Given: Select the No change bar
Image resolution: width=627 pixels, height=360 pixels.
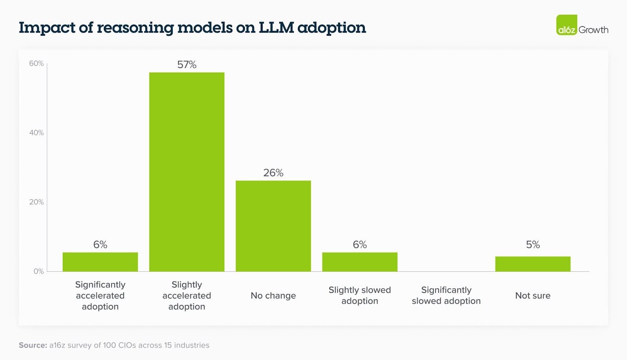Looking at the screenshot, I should (273, 226).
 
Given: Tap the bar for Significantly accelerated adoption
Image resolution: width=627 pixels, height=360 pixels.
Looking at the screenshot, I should (100, 262).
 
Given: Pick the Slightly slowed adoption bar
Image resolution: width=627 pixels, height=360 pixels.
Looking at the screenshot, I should (360, 262).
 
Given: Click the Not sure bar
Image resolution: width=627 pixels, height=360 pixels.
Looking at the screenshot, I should (533, 264).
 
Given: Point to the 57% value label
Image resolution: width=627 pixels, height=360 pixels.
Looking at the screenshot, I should (187, 65).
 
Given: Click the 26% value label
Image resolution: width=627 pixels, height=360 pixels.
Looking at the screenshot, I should (273, 173).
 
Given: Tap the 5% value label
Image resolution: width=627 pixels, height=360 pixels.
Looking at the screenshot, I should (533, 245).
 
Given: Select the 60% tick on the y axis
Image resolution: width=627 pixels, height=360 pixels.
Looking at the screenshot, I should (36, 64).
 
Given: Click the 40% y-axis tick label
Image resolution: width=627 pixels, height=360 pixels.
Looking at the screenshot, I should (36, 133).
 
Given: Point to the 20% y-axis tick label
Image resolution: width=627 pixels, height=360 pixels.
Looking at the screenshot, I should (36, 202).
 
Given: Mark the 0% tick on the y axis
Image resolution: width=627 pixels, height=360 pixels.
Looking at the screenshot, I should (38, 271).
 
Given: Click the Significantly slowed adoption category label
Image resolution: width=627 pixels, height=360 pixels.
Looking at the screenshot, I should (446, 295).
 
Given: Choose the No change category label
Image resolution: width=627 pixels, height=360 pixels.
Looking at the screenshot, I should (273, 296).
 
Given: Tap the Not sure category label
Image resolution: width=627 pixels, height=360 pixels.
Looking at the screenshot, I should (533, 296).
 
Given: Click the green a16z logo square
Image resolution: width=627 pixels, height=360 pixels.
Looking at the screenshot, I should (567, 25).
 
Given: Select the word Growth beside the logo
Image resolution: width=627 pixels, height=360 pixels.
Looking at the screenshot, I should (593, 30).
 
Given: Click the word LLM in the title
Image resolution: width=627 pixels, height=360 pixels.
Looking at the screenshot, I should (276, 27).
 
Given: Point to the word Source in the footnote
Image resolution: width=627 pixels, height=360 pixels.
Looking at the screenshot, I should (33, 345).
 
